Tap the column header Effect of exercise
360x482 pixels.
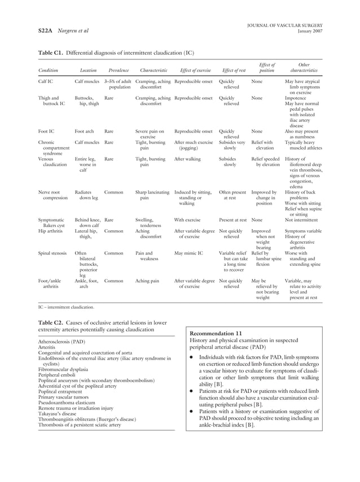(x=195, y=71)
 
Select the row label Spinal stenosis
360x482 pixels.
(x=55, y=253)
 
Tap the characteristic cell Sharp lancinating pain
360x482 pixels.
(x=152, y=195)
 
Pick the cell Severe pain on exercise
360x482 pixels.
(x=150, y=134)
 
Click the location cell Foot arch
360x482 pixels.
(x=84, y=131)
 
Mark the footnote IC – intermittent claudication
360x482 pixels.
(x=66, y=307)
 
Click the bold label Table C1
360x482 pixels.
(x=50, y=53)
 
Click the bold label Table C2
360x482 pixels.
(x=50, y=321)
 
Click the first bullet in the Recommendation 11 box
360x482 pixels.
(x=193, y=357)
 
